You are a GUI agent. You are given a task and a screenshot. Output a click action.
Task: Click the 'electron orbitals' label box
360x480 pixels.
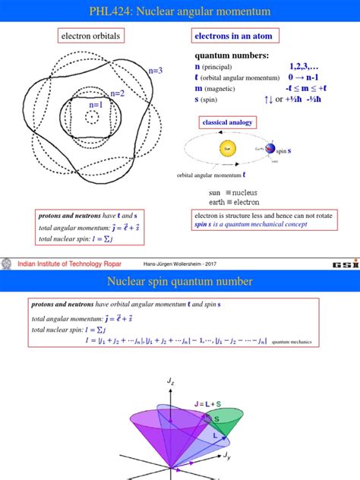click(90, 36)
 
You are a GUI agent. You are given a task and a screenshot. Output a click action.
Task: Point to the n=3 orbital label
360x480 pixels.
click(156, 71)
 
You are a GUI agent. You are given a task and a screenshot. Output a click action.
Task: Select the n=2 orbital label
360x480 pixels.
click(117, 93)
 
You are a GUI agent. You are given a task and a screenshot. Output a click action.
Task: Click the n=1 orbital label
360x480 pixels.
click(96, 105)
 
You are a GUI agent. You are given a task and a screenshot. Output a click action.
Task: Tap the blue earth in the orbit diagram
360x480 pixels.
click(271, 150)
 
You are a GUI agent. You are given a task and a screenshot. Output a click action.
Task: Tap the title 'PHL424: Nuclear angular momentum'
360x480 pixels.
click(179, 11)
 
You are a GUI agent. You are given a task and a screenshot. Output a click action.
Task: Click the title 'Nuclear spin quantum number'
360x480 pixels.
click(179, 283)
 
